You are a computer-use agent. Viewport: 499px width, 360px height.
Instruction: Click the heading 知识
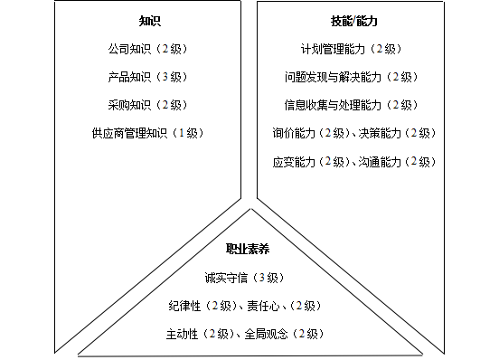151,20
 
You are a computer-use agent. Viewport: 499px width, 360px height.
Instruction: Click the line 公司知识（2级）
151,48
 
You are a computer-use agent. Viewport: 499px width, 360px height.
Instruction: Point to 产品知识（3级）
151,76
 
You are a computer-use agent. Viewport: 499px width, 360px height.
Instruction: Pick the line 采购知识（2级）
151,104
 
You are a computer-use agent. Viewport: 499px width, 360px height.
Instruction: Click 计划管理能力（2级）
351,48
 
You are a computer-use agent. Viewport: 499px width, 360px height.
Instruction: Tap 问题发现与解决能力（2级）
351,76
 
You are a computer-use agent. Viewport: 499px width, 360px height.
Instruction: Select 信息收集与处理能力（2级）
351,104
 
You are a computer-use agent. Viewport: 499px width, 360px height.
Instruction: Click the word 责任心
267,305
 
